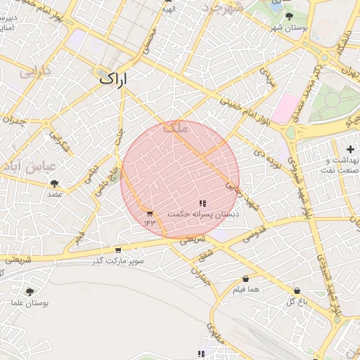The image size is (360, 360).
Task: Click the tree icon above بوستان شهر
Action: [x=289, y=16]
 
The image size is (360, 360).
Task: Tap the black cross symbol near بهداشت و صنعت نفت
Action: [x=350, y=148]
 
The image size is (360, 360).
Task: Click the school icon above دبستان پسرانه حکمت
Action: [x=202, y=203]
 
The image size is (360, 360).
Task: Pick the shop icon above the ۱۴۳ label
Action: [x=150, y=214]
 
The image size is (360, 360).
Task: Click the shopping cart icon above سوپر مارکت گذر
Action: [x=117, y=250]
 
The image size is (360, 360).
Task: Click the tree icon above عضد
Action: [x=55, y=184]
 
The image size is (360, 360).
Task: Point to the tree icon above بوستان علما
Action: [x=30, y=292]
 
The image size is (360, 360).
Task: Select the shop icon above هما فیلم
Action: [x=245, y=278]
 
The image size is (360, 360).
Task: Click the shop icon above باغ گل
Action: [x=297, y=290]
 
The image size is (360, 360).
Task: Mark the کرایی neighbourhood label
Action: [x=34, y=72]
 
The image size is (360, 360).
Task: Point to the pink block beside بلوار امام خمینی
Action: [x=284, y=108]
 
